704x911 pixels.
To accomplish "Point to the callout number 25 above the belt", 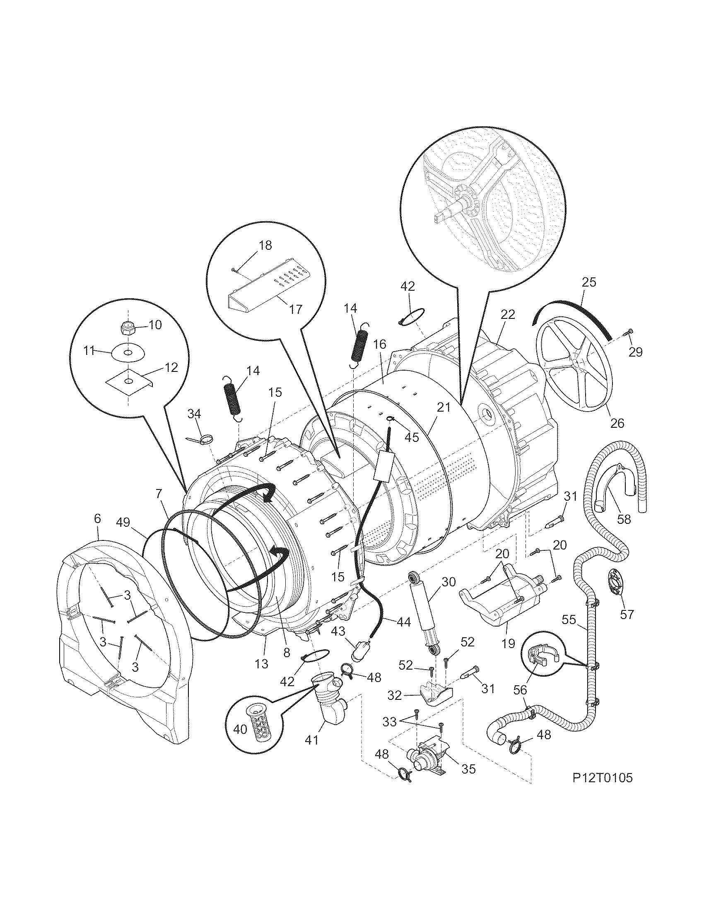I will [589, 282].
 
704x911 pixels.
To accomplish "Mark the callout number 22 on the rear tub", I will [509, 314].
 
